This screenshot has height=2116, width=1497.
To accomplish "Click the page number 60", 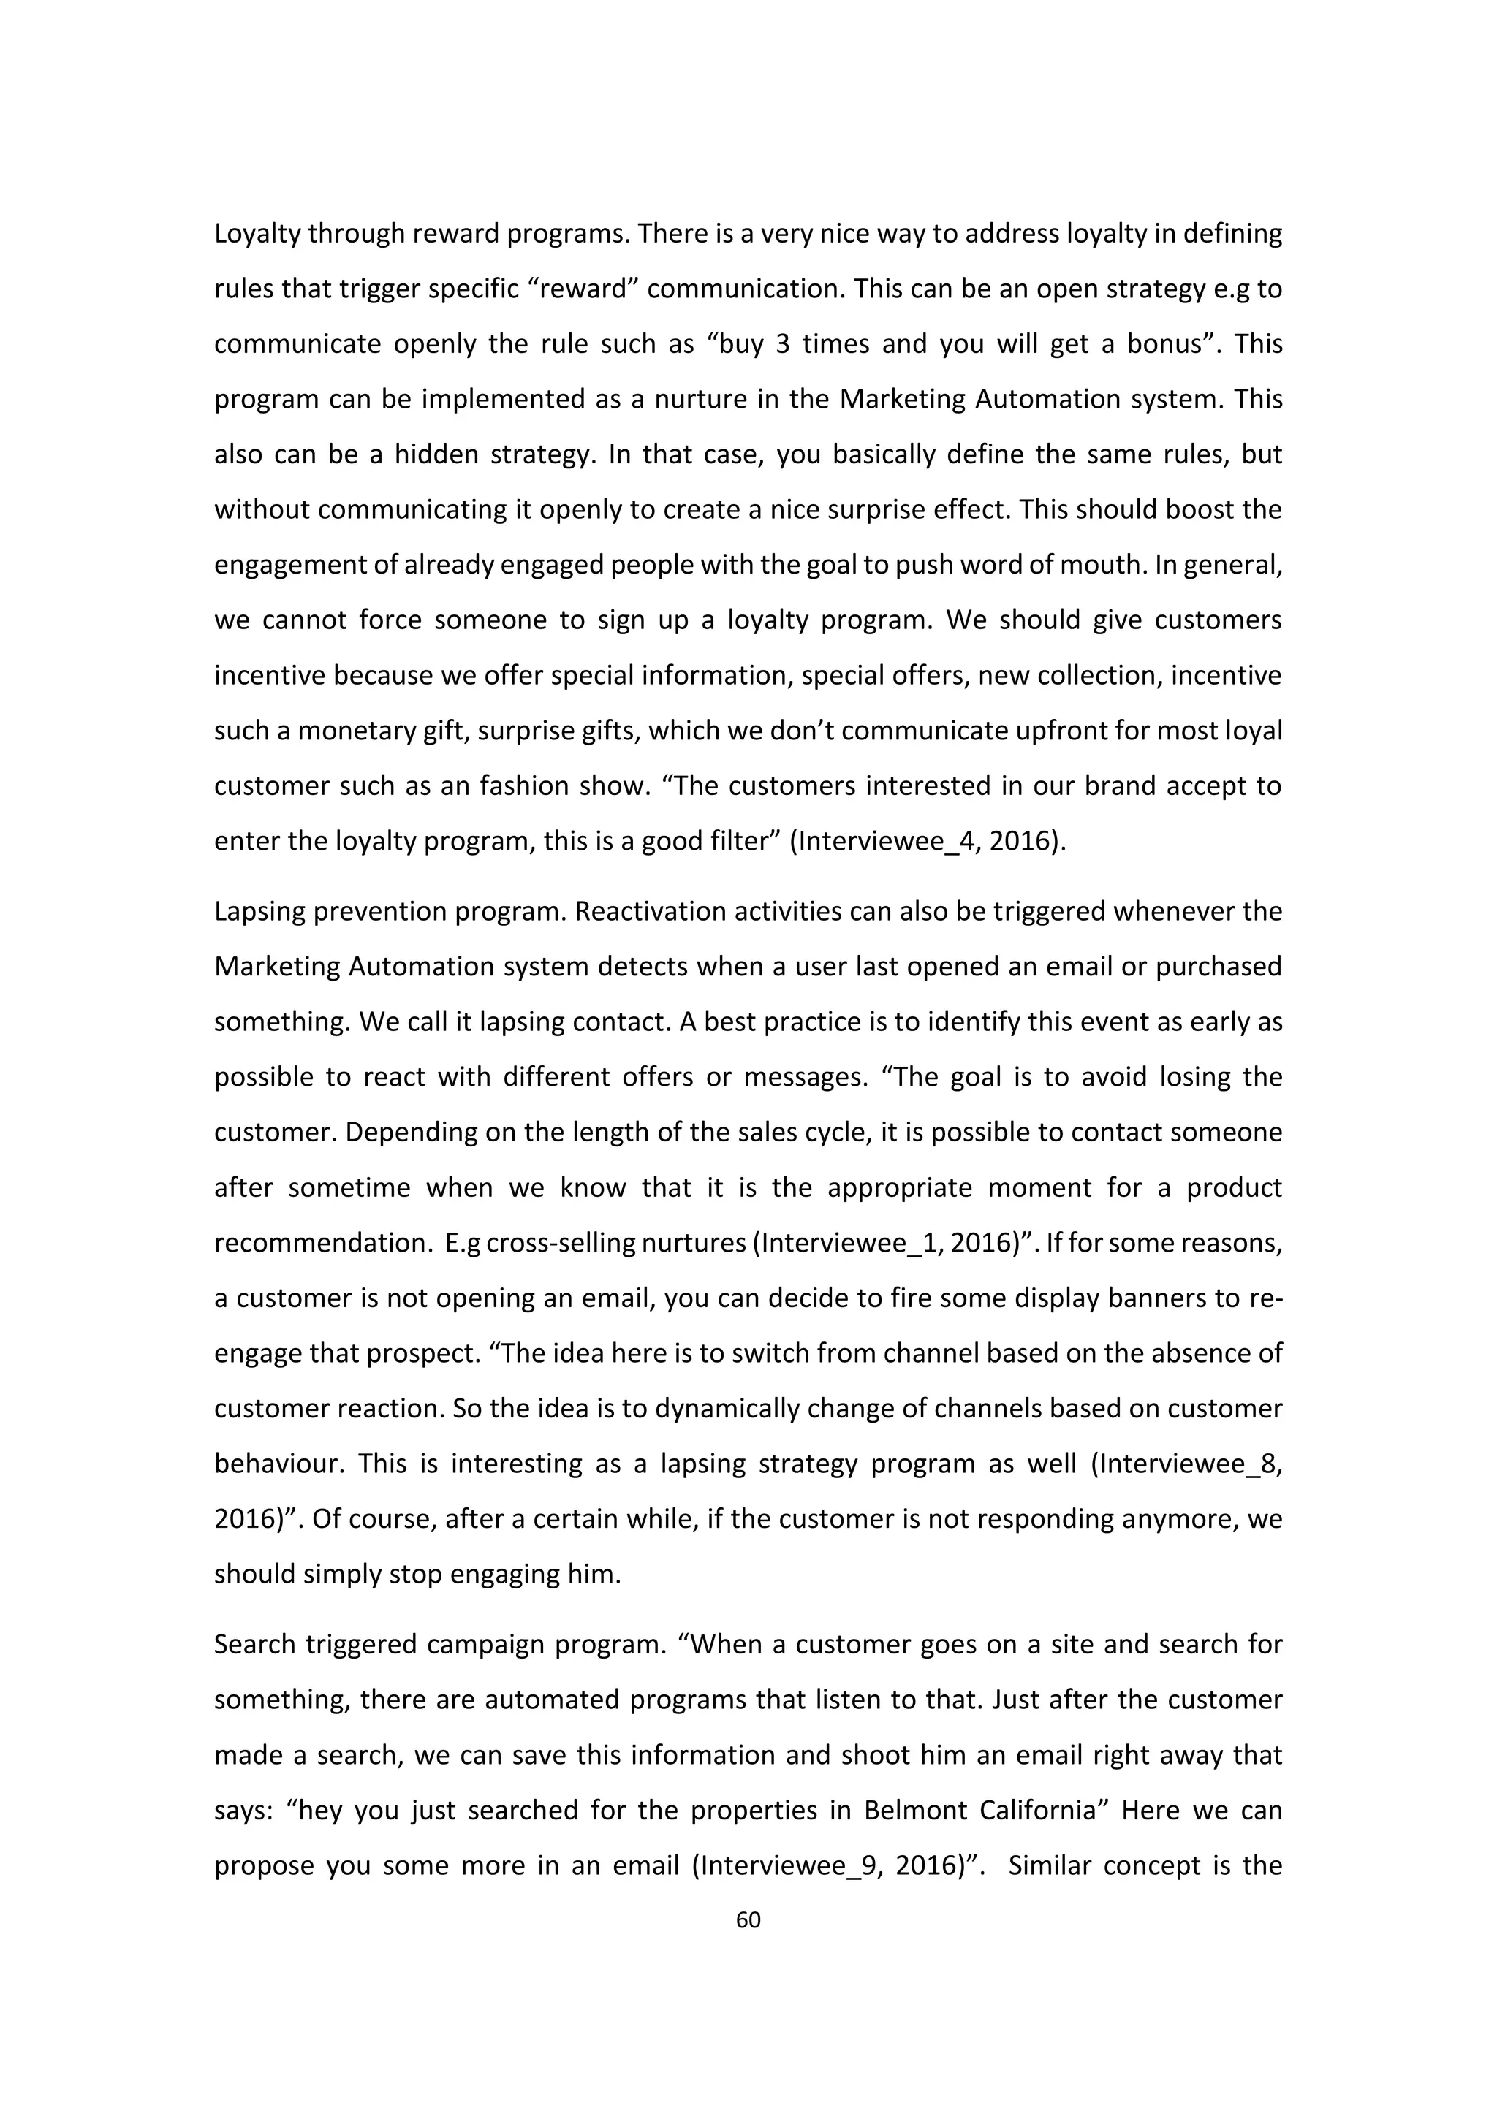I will (748, 1919).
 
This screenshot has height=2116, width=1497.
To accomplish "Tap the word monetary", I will (357, 731).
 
